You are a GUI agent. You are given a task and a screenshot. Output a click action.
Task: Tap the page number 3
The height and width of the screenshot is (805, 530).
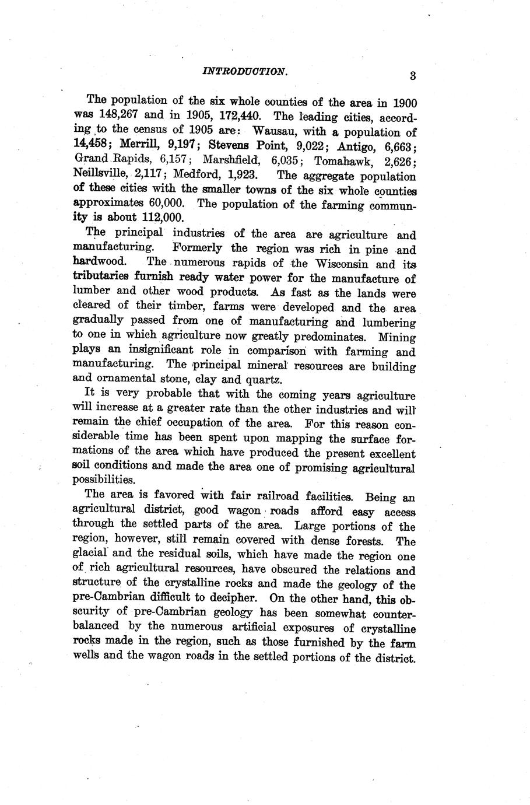[412, 75]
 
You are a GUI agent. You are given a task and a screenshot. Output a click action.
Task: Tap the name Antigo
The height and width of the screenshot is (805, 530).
[356, 145]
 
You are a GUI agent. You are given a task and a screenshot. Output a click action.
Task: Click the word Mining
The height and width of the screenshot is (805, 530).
[396, 337]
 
